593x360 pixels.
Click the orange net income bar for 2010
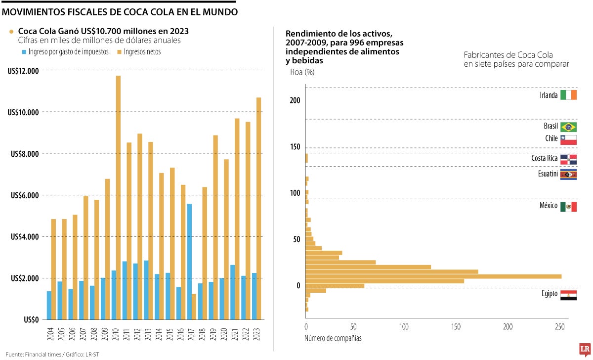pyautogui.click(x=118, y=198)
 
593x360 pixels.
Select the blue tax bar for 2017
pyautogui.click(x=189, y=262)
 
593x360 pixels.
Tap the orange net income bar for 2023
pyautogui.click(x=258, y=208)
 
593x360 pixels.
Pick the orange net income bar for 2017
pyautogui.click(x=194, y=307)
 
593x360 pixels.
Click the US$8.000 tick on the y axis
pyautogui.click(x=23, y=154)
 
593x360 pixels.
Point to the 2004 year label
pyautogui.click(x=51, y=333)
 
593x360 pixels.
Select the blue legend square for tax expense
pyautogui.click(x=24, y=51)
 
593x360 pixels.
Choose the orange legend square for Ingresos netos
pyautogui.click(x=120, y=51)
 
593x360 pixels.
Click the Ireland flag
pyautogui.click(x=568, y=95)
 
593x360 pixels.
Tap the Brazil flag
pyautogui.click(x=568, y=127)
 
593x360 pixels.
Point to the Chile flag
pyautogui.click(x=568, y=139)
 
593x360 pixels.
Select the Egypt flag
pyautogui.click(x=568, y=295)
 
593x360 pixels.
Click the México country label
pyautogui.click(x=548, y=206)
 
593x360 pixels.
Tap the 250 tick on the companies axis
pyautogui.click(x=559, y=327)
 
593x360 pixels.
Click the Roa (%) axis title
pyautogui.click(x=302, y=72)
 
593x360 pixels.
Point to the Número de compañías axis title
pyautogui.click(x=332, y=338)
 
